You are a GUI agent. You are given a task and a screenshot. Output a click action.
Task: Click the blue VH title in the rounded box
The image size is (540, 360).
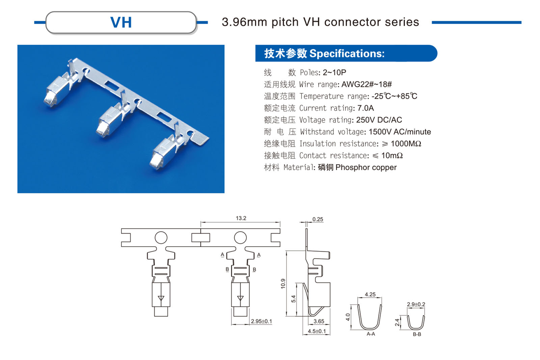click(121, 23)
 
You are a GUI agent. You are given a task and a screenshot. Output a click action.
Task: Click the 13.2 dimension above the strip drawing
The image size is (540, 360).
click(241, 218)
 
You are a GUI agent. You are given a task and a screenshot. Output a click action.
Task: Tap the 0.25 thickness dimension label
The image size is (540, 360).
click(318, 219)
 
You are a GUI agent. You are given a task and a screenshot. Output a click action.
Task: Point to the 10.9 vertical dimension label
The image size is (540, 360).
click(283, 283)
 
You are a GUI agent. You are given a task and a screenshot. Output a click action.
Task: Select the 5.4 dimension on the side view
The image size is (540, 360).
click(293, 299)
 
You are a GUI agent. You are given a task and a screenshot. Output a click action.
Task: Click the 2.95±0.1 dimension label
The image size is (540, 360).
click(261, 321)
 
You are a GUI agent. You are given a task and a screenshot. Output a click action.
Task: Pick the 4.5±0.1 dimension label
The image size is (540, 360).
click(317, 331)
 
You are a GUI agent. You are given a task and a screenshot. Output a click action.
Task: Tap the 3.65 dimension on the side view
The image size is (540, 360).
click(319, 321)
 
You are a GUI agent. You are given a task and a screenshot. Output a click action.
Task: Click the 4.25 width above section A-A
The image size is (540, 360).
click(370, 294)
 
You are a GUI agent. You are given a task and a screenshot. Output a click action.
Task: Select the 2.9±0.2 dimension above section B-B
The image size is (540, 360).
click(416, 304)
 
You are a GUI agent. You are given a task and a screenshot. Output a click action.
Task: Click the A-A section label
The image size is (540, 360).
click(371, 334)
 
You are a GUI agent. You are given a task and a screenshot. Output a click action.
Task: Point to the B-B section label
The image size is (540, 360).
click(417, 334)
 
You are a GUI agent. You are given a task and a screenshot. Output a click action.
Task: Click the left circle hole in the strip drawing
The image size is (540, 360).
click(161, 238)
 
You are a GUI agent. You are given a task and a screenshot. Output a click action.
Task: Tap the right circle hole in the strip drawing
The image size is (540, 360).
click(240, 238)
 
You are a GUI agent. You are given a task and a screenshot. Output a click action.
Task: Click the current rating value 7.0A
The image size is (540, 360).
click(366, 108)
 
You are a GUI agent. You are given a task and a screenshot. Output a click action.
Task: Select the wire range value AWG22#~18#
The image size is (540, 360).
click(367, 84)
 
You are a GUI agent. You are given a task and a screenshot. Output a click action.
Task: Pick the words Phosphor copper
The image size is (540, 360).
click(366, 167)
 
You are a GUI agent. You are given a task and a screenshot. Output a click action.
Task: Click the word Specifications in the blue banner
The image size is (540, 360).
click(347, 53)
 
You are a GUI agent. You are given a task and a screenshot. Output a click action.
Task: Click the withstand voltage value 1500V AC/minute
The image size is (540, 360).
click(400, 132)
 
